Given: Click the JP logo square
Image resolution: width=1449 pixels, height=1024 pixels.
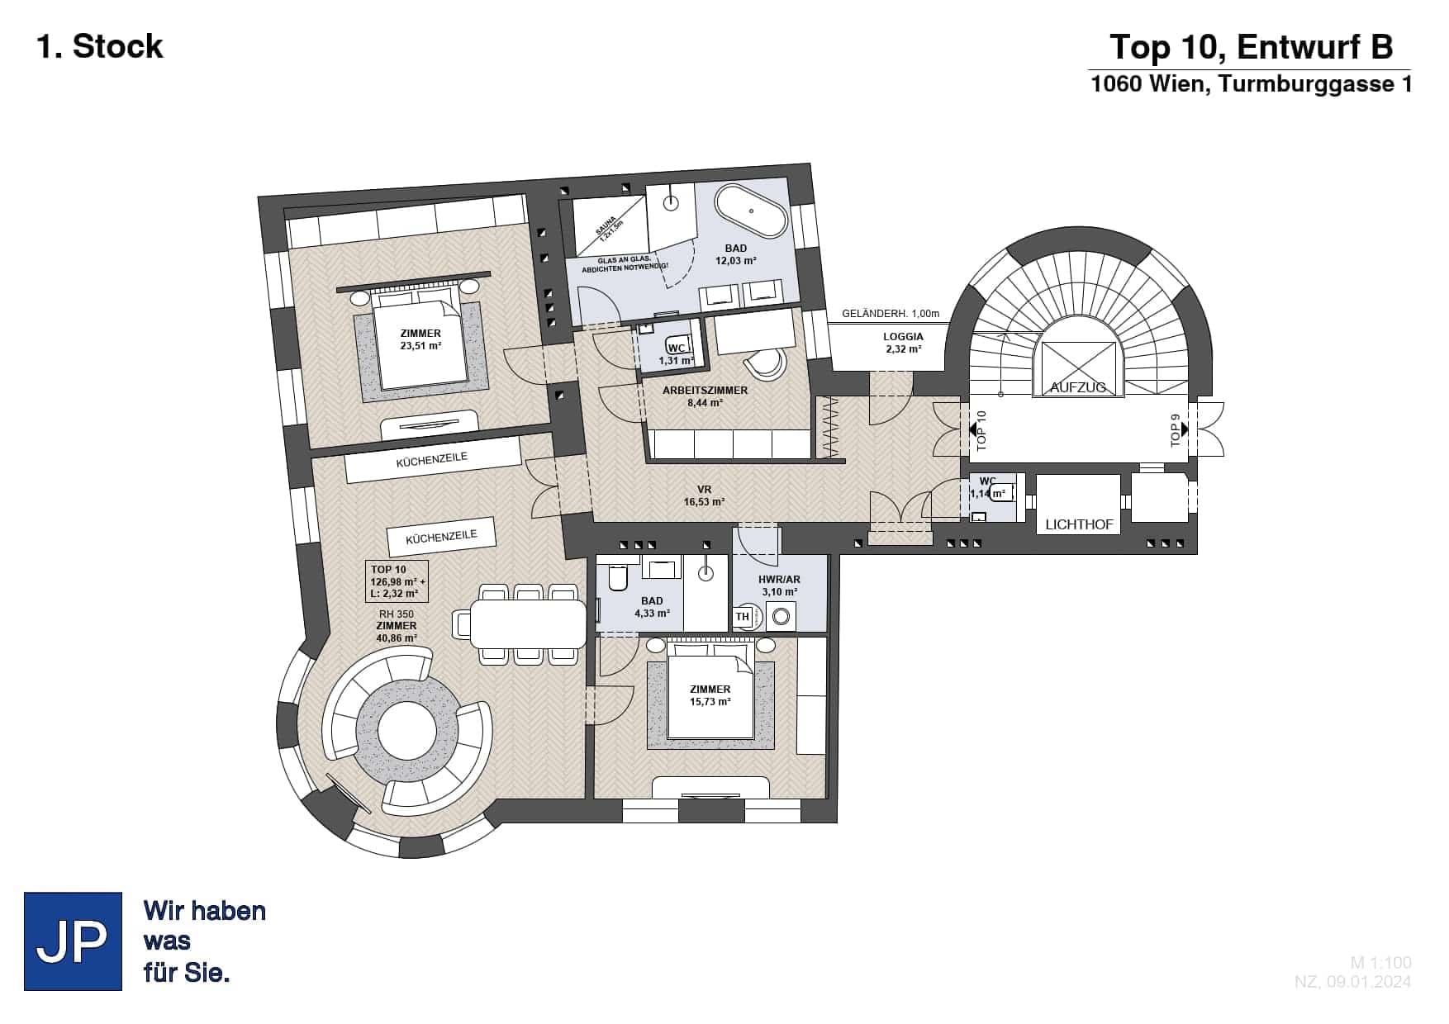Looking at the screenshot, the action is tap(73, 941).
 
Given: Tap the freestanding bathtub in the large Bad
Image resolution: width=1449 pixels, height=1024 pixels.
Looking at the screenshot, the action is tap(751, 212).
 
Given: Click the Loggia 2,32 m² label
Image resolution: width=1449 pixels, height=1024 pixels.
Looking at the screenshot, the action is tap(903, 343).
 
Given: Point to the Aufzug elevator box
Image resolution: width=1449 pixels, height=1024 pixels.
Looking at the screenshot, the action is tap(1078, 370).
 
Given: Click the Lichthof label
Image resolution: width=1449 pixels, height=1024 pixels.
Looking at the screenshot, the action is tap(1079, 524).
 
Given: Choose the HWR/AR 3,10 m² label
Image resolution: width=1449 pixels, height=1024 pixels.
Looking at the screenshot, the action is tap(779, 585).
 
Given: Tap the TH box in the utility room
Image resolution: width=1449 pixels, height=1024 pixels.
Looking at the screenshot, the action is tap(742, 617).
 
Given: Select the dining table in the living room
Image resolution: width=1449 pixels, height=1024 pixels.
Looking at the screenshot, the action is tap(528, 623).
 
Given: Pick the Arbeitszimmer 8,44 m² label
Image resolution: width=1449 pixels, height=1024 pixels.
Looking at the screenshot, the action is tap(705, 396).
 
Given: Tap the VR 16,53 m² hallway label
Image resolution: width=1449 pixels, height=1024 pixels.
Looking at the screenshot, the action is tap(704, 495).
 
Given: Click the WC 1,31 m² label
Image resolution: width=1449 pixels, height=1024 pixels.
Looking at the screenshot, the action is tap(677, 354).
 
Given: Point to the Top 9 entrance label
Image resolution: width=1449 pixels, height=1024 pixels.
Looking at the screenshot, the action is tap(1176, 429).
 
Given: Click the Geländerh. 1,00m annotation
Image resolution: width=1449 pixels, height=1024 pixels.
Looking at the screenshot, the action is tap(891, 314).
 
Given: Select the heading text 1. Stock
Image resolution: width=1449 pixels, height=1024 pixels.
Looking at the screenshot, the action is tap(100, 46).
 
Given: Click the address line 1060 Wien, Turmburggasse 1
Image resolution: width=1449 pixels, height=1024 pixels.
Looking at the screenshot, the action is tap(1252, 84).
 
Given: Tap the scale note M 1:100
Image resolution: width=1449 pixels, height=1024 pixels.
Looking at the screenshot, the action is tap(1380, 963).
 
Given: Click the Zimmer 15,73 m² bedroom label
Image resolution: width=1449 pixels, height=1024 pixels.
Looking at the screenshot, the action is tap(710, 695).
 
